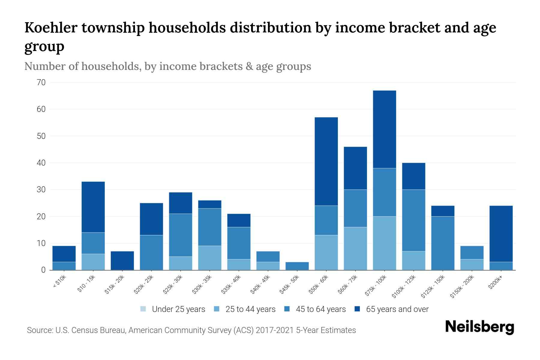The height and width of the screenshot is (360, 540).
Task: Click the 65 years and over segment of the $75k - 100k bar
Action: (x=384, y=129)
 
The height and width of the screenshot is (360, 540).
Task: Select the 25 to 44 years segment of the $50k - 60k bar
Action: (x=326, y=252)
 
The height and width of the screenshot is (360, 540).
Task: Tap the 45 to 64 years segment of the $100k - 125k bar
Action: (x=413, y=220)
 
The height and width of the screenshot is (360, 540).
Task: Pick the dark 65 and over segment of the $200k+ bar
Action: (x=501, y=234)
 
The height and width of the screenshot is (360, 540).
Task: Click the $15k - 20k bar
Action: (x=122, y=260)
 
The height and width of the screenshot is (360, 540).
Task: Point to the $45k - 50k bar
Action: (x=297, y=266)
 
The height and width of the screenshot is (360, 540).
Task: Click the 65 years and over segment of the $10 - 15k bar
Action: (x=93, y=207)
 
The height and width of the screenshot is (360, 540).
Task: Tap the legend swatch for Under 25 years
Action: (x=143, y=309)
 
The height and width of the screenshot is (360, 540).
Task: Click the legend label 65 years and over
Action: (x=397, y=309)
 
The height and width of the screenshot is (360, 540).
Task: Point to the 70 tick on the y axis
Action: (x=41, y=82)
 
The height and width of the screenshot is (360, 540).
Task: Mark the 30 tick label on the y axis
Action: (x=41, y=190)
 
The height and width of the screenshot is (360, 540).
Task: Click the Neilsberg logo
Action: (x=479, y=327)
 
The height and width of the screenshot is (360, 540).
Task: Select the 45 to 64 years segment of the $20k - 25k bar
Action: (x=151, y=252)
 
